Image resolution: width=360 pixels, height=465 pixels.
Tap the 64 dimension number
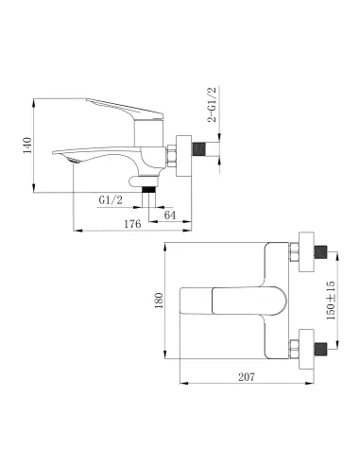(x=170, y=215)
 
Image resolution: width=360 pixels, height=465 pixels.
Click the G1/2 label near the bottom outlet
(x=111, y=199)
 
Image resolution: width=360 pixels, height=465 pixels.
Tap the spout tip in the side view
(x=68, y=161)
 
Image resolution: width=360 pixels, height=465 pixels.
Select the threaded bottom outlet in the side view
(x=146, y=188)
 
